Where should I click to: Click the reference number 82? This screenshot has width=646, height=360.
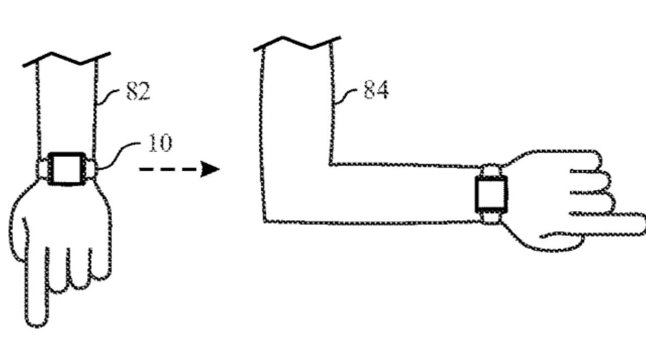138,91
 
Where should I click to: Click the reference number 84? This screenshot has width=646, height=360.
376,89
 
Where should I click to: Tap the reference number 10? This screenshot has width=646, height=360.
160,143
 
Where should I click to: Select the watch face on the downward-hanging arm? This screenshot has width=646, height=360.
67,169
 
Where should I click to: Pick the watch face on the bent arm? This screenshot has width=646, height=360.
492,194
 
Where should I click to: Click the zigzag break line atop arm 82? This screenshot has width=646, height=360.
66,59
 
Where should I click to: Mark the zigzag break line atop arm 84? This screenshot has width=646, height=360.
297,43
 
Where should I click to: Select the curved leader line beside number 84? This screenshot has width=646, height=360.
345,96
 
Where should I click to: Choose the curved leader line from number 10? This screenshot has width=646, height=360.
118,155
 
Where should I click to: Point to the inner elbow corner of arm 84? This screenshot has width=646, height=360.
331,165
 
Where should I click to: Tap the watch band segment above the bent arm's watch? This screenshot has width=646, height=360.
491,170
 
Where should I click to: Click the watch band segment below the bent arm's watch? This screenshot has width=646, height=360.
491,218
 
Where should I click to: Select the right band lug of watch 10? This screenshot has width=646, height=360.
92,169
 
